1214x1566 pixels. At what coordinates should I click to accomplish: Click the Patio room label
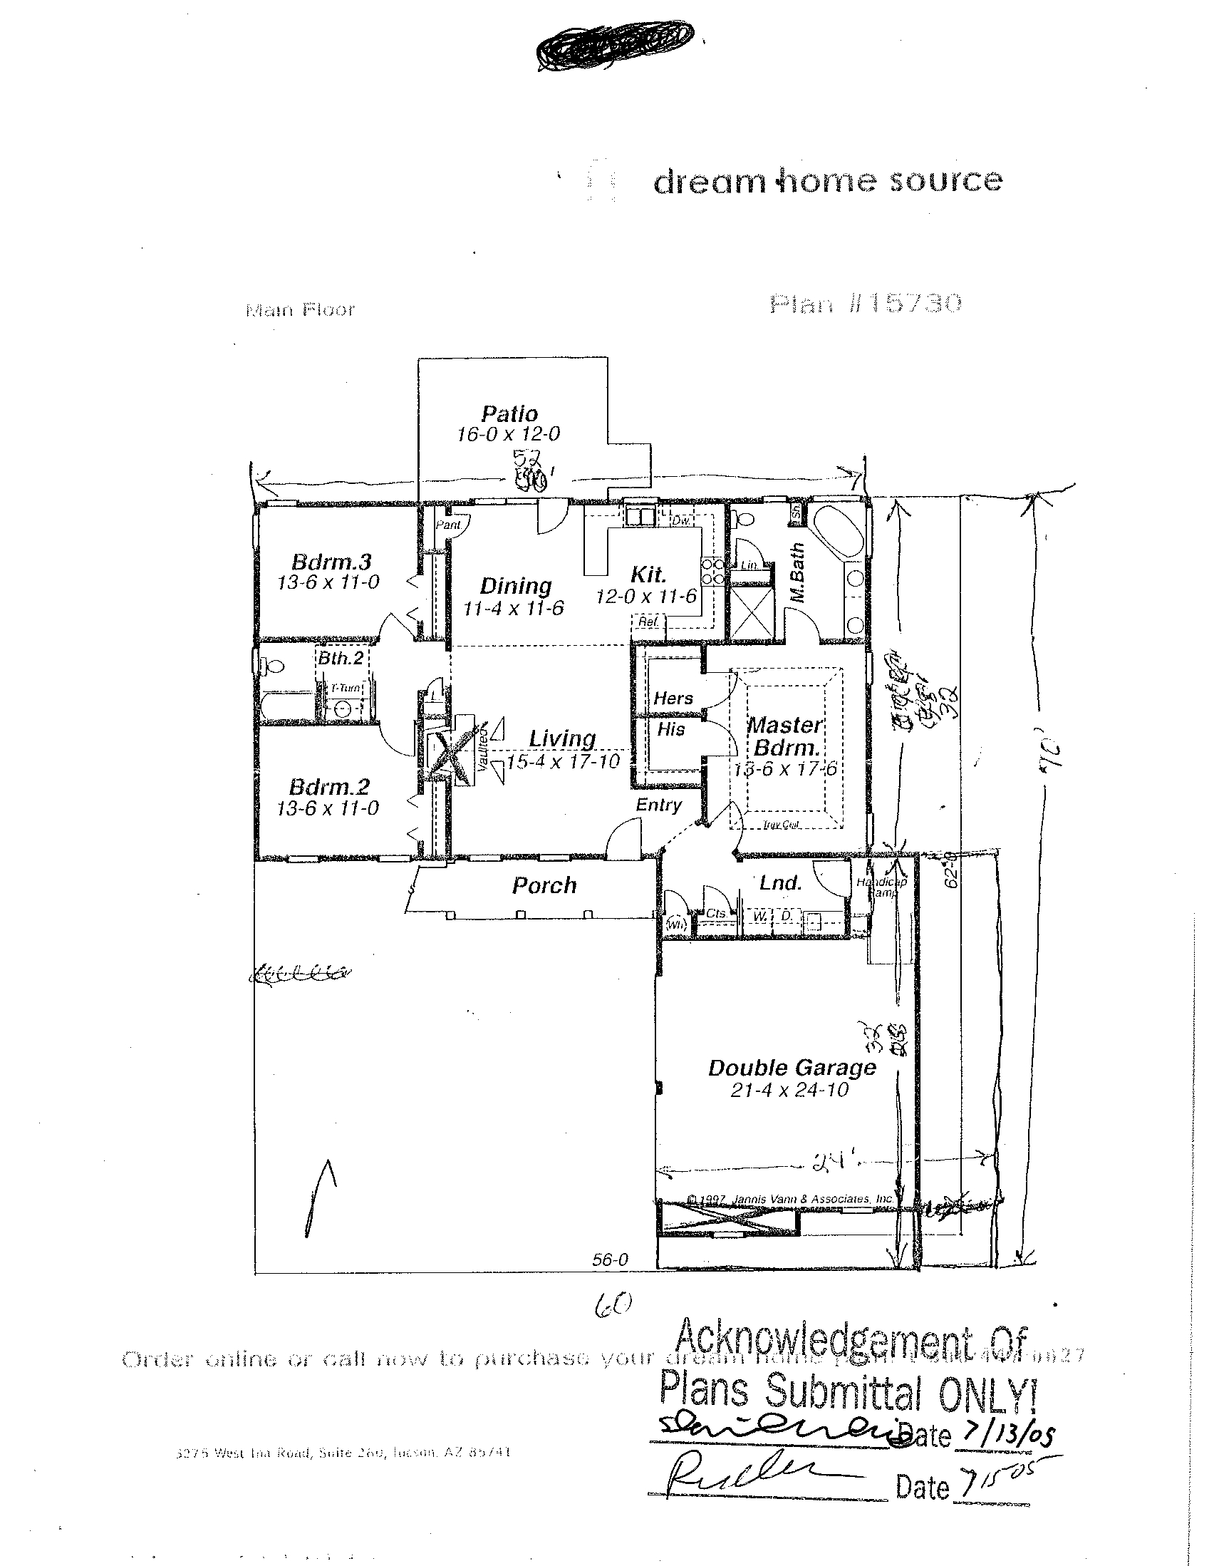click(509, 413)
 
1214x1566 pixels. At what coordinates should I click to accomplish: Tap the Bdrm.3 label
click(331, 561)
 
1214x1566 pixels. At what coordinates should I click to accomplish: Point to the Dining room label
click(515, 586)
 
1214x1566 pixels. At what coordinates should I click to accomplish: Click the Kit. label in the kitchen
click(648, 575)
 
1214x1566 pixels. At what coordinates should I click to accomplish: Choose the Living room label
click(563, 738)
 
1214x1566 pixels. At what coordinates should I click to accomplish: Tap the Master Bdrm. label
click(785, 736)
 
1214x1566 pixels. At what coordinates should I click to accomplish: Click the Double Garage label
click(792, 1068)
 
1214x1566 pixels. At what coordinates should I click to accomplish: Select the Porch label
click(544, 885)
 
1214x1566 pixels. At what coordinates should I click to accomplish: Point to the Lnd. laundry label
click(780, 882)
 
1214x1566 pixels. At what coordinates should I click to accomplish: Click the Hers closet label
click(673, 698)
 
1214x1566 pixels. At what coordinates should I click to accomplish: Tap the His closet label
click(671, 729)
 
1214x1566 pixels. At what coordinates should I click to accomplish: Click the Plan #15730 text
click(865, 304)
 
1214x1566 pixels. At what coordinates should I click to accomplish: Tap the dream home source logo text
click(827, 182)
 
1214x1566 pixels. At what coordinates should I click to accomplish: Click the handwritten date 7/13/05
click(1009, 1434)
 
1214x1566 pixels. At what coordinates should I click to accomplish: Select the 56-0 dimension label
click(610, 1259)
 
